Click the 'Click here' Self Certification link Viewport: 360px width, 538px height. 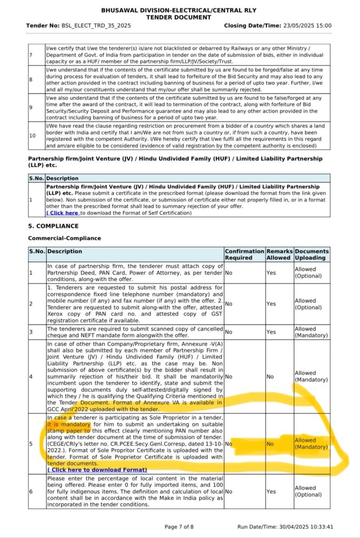(x=63, y=213)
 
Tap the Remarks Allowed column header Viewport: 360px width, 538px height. (x=279, y=254)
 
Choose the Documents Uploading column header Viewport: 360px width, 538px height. (x=312, y=254)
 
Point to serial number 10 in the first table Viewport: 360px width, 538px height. (x=32, y=136)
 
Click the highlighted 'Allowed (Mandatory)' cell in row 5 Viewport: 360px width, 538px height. (x=312, y=443)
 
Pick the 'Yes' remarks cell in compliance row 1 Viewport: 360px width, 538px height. (x=271, y=273)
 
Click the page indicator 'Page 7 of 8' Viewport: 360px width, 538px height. (x=179, y=527)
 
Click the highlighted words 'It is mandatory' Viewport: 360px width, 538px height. (x=69, y=424)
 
